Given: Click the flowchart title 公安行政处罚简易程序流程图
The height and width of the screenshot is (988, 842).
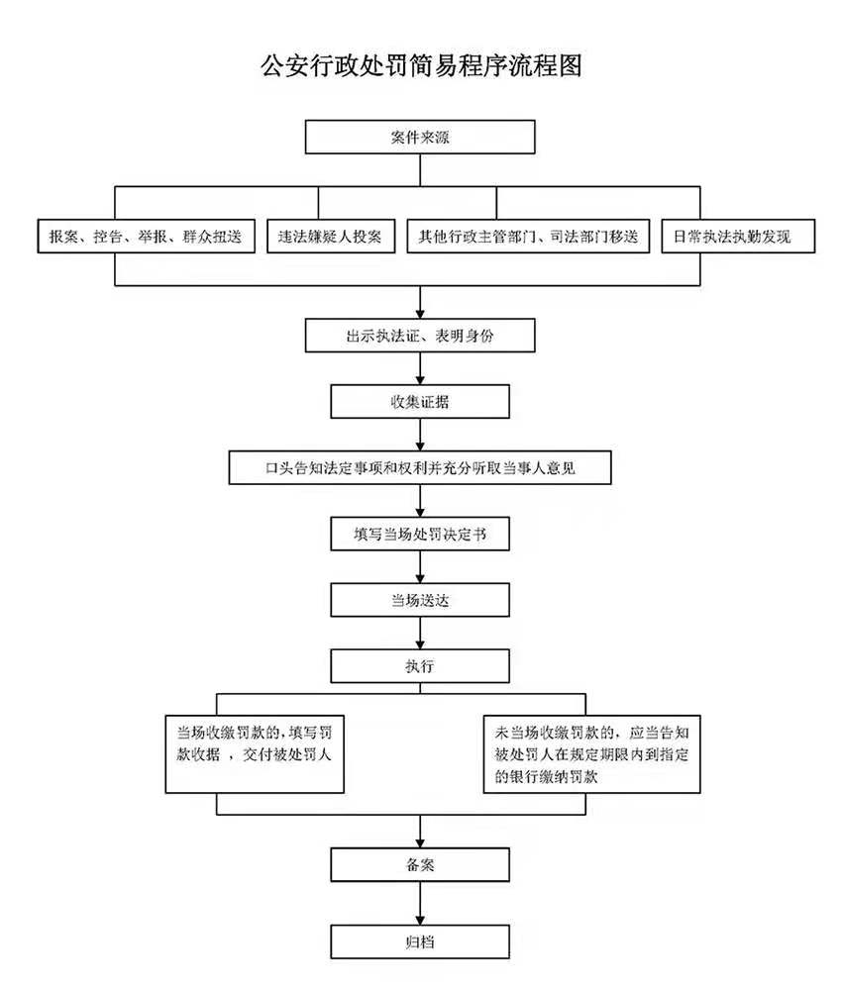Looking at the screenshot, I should [x=420, y=66].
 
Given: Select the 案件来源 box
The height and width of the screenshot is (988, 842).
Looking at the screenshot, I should [x=420, y=138].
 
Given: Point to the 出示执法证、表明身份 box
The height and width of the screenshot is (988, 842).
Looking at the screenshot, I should [x=420, y=337].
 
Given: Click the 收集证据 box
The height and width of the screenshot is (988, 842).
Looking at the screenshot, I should [x=420, y=402].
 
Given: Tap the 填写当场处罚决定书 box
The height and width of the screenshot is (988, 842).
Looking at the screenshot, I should [x=420, y=535].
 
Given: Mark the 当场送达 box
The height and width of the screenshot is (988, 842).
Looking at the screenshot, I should [x=420, y=600].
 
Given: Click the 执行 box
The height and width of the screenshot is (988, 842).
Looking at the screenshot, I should [x=420, y=665].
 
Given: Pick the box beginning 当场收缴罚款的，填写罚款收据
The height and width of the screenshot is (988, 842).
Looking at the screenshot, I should [x=255, y=753].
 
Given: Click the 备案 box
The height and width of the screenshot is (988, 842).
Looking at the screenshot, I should [x=420, y=865].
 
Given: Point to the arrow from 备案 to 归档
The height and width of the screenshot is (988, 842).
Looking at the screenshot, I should [x=421, y=903].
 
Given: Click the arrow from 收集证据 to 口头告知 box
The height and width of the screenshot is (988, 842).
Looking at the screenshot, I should [x=421, y=435].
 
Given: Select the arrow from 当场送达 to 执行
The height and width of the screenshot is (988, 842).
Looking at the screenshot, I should [x=421, y=633].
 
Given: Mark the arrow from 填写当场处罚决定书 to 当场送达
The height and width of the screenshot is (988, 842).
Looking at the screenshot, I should [x=421, y=567].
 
